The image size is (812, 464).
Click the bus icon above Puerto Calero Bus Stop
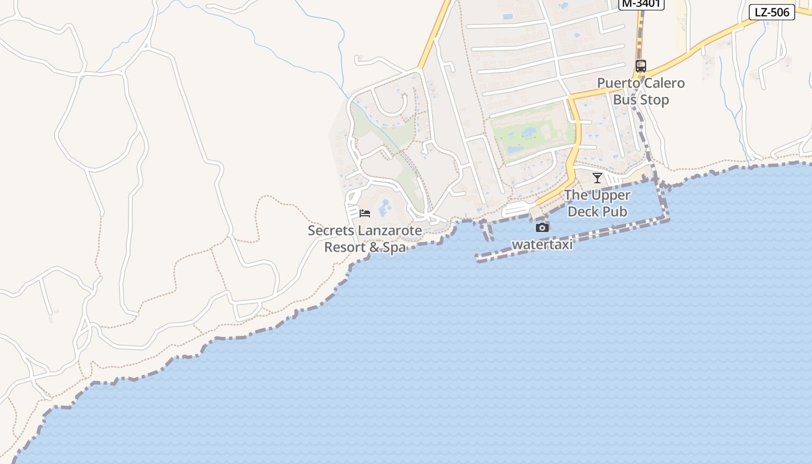640,66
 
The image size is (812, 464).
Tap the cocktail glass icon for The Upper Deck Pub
597,177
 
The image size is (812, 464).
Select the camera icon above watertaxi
542,227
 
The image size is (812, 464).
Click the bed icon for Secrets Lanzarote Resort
365,213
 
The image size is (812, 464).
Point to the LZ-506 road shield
771,12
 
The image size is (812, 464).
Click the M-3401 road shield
641,4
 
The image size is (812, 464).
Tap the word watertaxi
542,245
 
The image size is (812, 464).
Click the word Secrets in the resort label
331,230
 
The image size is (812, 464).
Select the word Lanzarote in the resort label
390,230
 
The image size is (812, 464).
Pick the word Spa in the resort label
394,247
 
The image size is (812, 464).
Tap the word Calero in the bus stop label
664,83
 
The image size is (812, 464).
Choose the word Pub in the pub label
615,212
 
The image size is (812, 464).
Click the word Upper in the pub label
611,195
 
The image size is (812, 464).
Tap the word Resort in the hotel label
345,247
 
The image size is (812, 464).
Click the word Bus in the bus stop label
624,100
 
